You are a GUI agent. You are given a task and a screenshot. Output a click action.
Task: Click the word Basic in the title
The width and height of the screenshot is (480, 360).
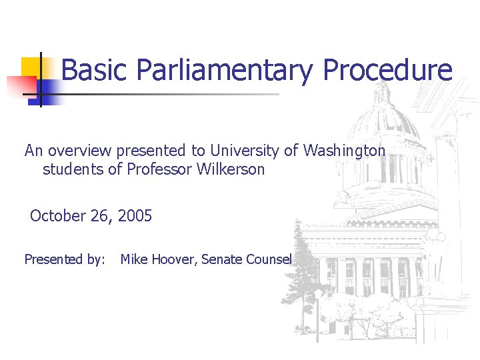(x=94, y=70)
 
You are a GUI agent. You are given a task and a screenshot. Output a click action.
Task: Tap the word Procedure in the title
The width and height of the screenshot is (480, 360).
(x=388, y=70)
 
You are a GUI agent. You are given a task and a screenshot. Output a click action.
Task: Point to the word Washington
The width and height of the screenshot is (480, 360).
(x=344, y=151)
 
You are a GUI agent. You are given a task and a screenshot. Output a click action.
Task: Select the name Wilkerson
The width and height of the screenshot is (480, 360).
(x=231, y=169)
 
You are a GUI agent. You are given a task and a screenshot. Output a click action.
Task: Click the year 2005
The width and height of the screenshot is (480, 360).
(x=136, y=216)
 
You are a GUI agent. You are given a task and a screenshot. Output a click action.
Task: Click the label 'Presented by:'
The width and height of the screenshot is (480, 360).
(x=65, y=260)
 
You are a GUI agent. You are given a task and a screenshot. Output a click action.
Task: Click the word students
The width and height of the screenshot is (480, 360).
(x=73, y=169)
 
